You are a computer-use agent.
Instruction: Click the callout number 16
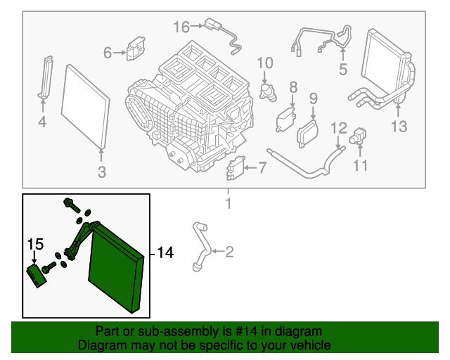point(181,27)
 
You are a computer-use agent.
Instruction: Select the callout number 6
point(108,53)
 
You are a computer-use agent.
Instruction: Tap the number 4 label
point(41,123)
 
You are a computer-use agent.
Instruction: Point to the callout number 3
point(101,172)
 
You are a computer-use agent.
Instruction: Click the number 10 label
point(264,63)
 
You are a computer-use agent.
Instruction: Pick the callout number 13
point(399,127)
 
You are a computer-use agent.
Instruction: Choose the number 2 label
point(229,252)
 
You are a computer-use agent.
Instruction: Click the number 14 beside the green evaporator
point(165,252)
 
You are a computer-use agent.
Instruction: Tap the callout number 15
point(35,244)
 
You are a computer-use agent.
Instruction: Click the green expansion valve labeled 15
point(37,275)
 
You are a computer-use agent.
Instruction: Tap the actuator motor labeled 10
point(268,91)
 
